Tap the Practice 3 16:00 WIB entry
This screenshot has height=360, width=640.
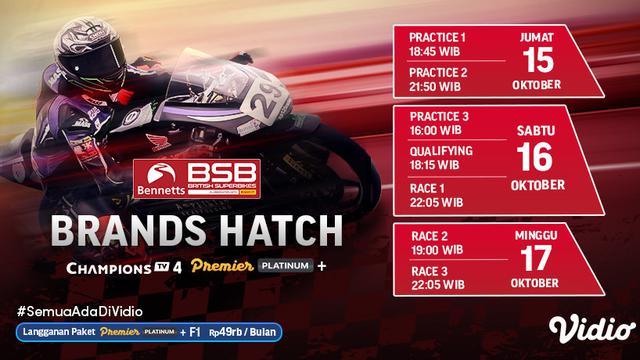[438, 123]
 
